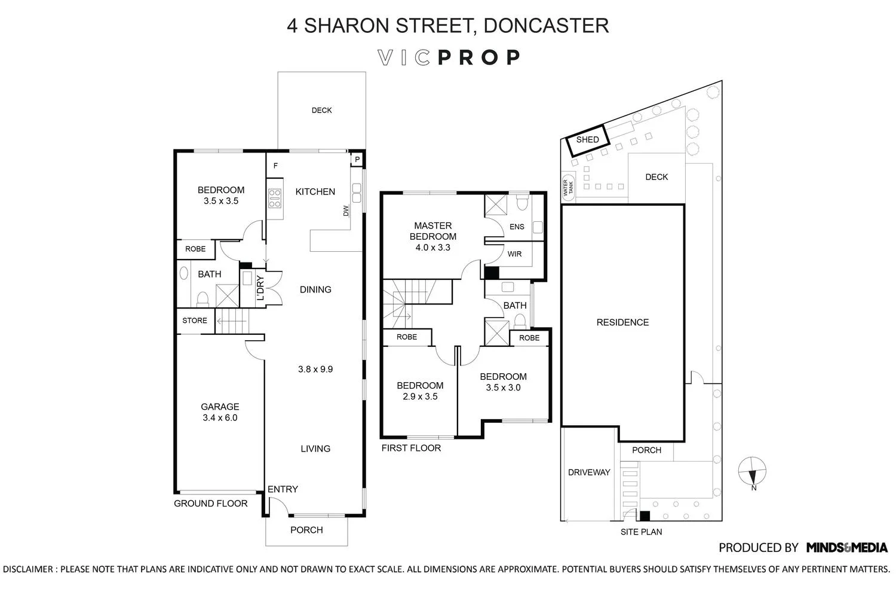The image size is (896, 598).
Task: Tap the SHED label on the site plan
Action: (x=587, y=139)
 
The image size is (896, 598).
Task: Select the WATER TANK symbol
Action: (x=566, y=187)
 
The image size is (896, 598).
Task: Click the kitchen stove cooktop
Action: (x=275, y=198)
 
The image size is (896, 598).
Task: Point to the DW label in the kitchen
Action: (x=345, y=211)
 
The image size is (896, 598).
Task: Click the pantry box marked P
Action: (x=357, y=160)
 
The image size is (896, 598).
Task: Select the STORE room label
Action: (x=195, y=321)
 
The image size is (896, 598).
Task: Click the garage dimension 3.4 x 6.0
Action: (x=220, y=417)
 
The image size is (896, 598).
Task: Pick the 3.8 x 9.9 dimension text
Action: (x=315, y=369)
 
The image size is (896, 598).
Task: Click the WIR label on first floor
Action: (x=514, y=254)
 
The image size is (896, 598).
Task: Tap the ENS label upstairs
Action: (x=517, y=227)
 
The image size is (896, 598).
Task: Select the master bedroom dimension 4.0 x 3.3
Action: (x=432, y=247)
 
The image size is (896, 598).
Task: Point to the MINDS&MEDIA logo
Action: (x=846, y=547)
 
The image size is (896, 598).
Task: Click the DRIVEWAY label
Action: (x=589, y=472)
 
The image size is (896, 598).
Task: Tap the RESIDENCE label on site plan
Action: (x=622, y=322)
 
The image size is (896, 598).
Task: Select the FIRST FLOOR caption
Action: (x=411, y=448)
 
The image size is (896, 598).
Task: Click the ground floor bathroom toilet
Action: (x=202, y=297)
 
